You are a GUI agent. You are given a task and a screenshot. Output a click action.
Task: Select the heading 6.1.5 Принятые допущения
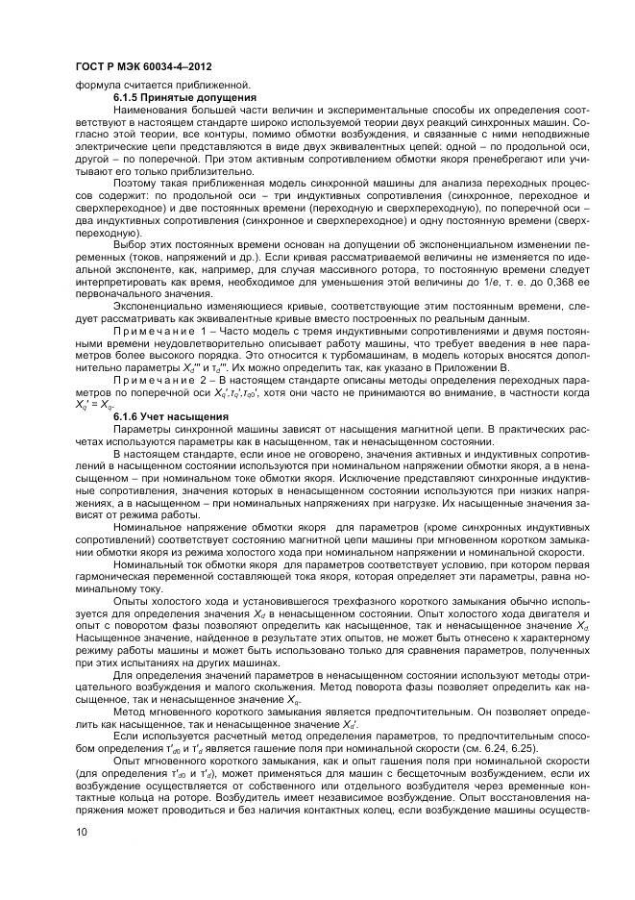(x=183, y=97)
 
